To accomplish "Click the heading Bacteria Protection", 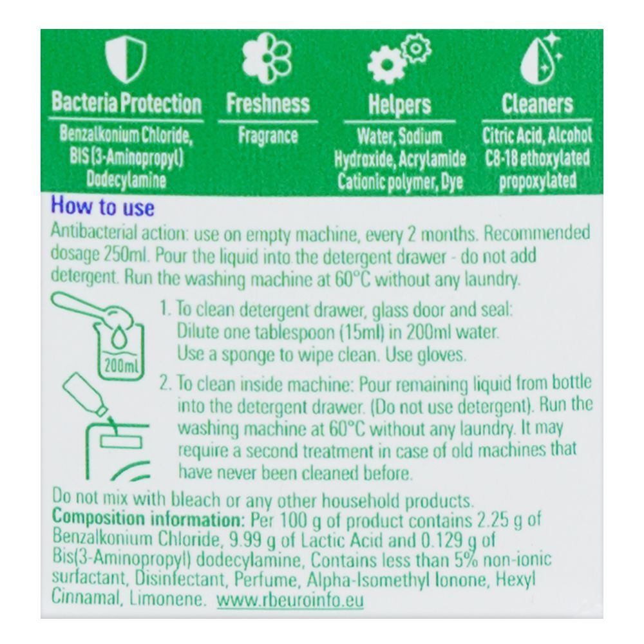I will point(126,103).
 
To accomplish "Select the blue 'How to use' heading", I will point(102,207).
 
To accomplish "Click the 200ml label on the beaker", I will point(118,367).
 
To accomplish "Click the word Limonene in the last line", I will point(172,600).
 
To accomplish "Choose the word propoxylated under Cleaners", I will point(538,181).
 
